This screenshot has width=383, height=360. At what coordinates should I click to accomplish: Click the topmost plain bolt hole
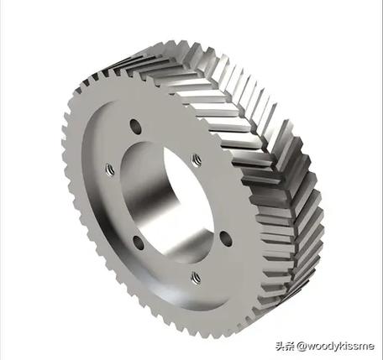(x=136, y=127)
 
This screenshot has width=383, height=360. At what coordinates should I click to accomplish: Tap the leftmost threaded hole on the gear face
(x=110, y=170)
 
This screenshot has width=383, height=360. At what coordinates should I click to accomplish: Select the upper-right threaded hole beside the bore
(x=197, y=160)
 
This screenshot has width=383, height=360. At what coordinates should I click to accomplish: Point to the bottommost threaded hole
(x=196, y=278)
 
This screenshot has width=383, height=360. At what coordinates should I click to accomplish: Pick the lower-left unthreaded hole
(x=139, y=243)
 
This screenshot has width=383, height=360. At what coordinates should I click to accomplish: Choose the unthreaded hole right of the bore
(x=226, y=239)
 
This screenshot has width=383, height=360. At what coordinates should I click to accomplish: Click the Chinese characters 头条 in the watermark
(x=285, y=346)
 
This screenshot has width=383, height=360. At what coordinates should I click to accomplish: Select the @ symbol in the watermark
(x=302, y=347)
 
